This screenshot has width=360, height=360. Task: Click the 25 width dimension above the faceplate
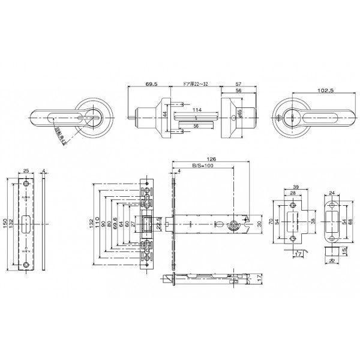27,170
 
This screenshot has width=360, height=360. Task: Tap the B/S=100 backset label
203,166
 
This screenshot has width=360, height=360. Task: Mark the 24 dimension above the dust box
332,194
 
